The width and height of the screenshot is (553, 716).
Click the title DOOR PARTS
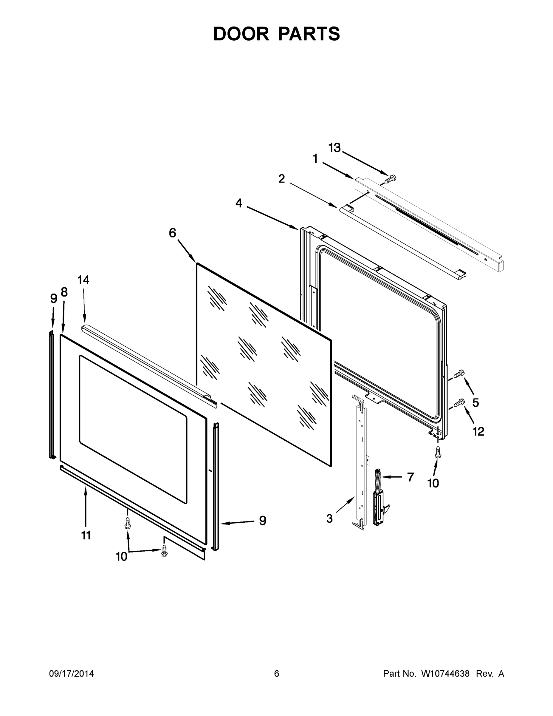[277, 34]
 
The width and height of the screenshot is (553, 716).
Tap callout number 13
[334, 148]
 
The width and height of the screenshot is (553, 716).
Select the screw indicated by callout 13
[390, 179]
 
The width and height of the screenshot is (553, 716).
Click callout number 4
[239, 203]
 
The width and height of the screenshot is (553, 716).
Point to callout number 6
[172, 233]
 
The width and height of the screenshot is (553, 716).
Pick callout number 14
[83, 280]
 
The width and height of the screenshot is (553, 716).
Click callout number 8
[64, 292]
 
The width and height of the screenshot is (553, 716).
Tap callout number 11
[86, 536]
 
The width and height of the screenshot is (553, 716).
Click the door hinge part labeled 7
[379, 499]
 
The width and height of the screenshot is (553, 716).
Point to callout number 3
[330, 519]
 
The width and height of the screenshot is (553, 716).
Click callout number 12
[478, 431]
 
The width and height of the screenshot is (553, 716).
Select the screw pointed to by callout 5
[459, 374]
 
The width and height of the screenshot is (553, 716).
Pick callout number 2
[281, 179]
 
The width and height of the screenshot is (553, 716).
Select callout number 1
[315, 159]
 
